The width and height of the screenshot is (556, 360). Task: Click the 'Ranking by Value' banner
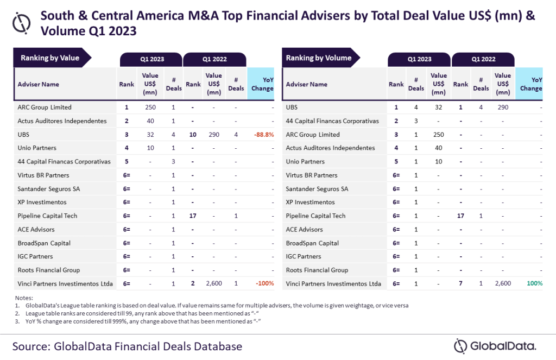50,58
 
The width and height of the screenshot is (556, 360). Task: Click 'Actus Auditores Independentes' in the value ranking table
62,121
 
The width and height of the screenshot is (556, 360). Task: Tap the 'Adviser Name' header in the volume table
307,84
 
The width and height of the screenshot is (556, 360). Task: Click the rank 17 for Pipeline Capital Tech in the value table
193,216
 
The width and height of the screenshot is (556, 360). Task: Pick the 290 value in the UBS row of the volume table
503,108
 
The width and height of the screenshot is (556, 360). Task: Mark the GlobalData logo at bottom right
495,345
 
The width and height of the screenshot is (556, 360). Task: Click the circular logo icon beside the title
22,23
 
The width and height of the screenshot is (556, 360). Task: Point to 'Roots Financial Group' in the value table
49,270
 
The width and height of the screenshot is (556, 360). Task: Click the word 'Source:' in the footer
37,346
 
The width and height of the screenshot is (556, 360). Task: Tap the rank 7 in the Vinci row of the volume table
460,283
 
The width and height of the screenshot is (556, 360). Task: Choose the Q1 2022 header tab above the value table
214,59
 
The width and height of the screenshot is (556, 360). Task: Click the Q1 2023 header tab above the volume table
419,59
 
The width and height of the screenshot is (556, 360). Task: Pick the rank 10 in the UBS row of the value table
193,135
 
